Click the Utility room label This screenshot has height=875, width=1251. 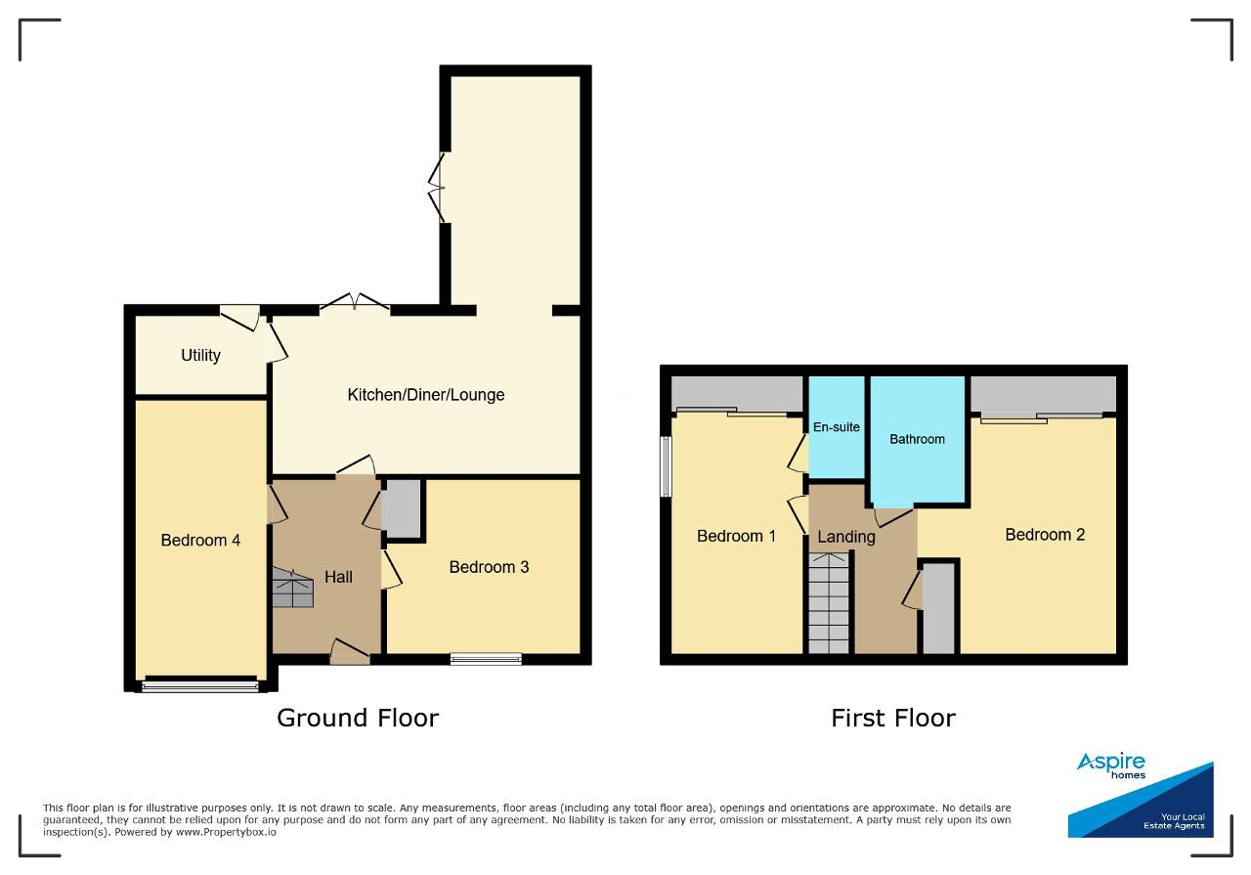200,355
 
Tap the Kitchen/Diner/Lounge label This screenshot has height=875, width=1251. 425,395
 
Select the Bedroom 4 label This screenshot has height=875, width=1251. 200,541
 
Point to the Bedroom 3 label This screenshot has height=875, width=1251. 489,567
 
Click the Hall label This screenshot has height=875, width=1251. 338,577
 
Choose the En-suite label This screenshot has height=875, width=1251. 836,427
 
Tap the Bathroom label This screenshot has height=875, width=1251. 917,439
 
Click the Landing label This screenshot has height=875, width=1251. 846,537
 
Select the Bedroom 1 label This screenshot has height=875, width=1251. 736,537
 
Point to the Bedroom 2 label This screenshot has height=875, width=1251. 1045,535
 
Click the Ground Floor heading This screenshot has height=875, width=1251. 358,718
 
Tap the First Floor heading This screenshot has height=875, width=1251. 893,718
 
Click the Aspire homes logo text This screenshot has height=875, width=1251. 1111,766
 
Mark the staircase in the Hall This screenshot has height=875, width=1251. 292,588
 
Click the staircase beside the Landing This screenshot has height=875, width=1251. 829,603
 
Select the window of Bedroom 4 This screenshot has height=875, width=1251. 200,685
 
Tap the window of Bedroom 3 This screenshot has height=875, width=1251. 486,659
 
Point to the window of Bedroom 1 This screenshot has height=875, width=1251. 666,466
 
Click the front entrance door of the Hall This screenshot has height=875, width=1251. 350,653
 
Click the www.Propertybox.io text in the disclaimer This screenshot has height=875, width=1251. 226,832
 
